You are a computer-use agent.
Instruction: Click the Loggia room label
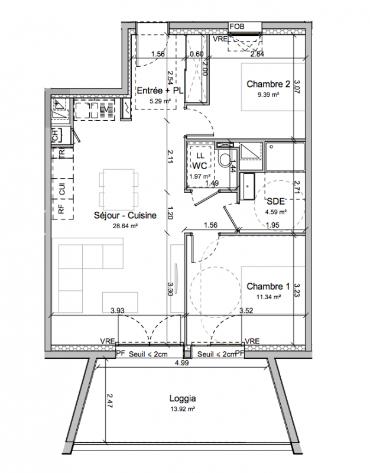(183, 399)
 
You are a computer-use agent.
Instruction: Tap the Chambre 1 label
(268, 286)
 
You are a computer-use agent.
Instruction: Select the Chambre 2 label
(268, 84)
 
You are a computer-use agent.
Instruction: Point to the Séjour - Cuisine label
(125, 215)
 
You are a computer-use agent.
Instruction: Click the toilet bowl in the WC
(225, 159)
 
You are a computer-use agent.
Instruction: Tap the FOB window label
(237, 27)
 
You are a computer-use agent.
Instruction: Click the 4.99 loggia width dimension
(181, 363)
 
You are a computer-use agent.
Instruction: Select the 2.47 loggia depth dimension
(109, 401)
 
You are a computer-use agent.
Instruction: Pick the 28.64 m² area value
(125, 226)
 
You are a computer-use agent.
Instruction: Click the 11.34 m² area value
(269, 297)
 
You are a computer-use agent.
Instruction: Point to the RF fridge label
(61, 209)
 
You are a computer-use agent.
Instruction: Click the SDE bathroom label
(275, 202)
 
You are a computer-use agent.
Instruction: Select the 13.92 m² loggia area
(183, 409)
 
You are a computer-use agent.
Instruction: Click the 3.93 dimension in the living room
(118, 310)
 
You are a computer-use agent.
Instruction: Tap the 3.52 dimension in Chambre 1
(246, 310)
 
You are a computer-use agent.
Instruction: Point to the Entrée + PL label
(160, 90)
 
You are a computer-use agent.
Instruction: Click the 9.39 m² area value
(268, 95)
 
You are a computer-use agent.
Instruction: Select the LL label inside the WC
(200, 155)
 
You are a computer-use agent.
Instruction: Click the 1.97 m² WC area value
(200, 176)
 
